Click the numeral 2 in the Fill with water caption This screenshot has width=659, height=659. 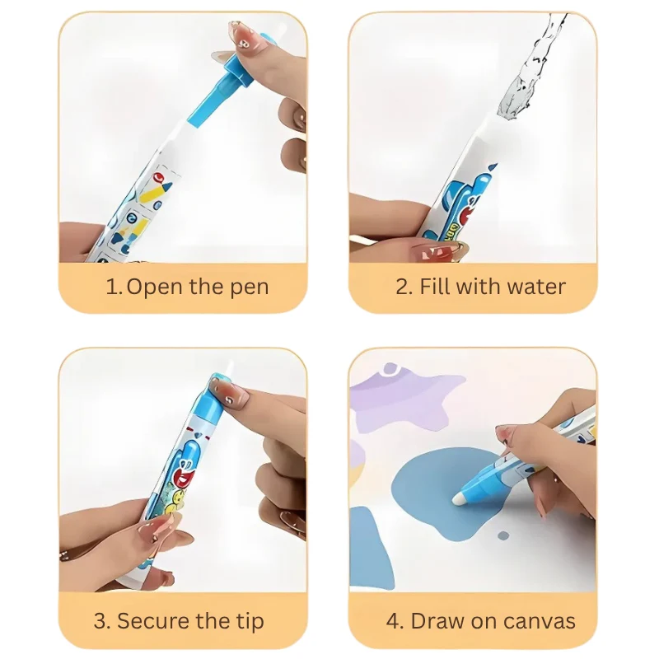403,287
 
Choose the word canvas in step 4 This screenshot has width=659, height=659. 540,622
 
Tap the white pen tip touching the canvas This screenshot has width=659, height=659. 459,500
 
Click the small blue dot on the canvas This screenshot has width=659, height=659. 503,536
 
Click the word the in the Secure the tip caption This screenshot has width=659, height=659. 214,621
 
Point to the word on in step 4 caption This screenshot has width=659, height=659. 484,623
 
